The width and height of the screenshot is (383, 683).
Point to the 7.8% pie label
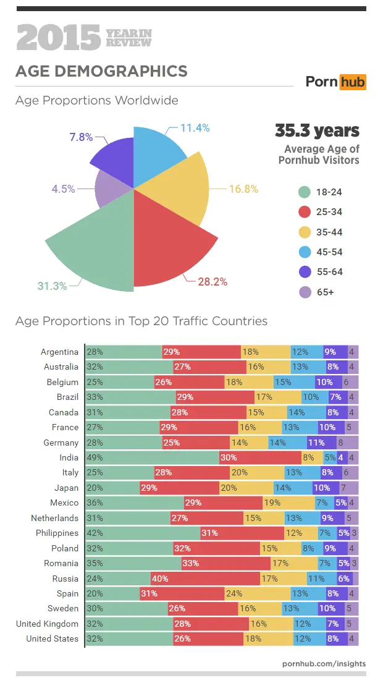[x=81, y=137]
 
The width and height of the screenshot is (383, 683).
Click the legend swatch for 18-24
[x=303, y=192]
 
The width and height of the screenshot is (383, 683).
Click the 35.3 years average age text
[x=317, y=131]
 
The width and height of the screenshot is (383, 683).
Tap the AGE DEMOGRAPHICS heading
[x=101, y=71]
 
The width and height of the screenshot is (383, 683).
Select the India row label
[x=69, y=457]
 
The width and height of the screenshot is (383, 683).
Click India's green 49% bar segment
[x=152, y=457]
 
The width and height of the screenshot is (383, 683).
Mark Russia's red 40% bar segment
[x=205, y=579]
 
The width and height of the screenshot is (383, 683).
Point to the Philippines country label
[x=57, y=533]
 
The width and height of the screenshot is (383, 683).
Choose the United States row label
[x=53, y=638]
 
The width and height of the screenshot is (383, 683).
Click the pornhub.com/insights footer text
[x=324, y=663]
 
